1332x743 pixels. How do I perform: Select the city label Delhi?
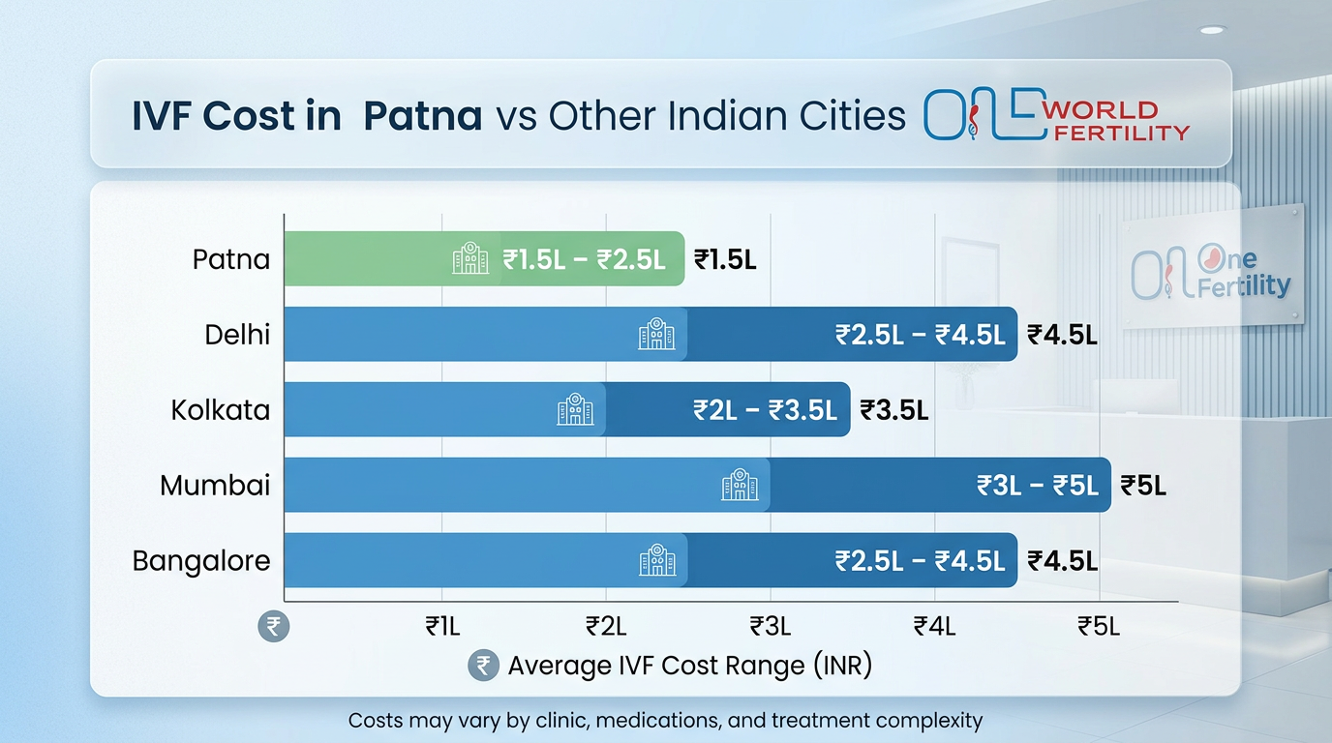click(x=237, y=335)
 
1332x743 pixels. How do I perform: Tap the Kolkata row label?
click(x=221, y=410)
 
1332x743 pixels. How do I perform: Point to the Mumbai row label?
click(x=215, y=486)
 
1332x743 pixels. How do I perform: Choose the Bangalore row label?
click(x=201, y=561)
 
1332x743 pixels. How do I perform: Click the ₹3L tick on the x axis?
click(x=771, y=627)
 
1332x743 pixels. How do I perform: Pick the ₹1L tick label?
click(x=442, y=627)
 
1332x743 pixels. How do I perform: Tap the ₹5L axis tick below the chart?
click(x=1099, y=627)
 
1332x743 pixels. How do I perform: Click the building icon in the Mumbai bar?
click(x=740, y=485)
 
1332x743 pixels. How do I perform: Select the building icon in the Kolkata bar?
click(x=575, y=409)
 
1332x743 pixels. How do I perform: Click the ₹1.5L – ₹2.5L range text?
click(x=584, y=259)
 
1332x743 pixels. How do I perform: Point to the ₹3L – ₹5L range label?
click(x=1038, y=486)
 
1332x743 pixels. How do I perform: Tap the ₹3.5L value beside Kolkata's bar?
click(x=894, y=410)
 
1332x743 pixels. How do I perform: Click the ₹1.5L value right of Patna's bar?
click(x=725, y=259)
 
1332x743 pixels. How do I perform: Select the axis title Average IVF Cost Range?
click(x=689, y=666)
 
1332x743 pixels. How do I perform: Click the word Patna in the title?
click(x=422, y=116)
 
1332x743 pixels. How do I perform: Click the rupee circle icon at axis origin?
click(x=273, y=626)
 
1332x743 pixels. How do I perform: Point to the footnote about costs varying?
click(x=665, y=721)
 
